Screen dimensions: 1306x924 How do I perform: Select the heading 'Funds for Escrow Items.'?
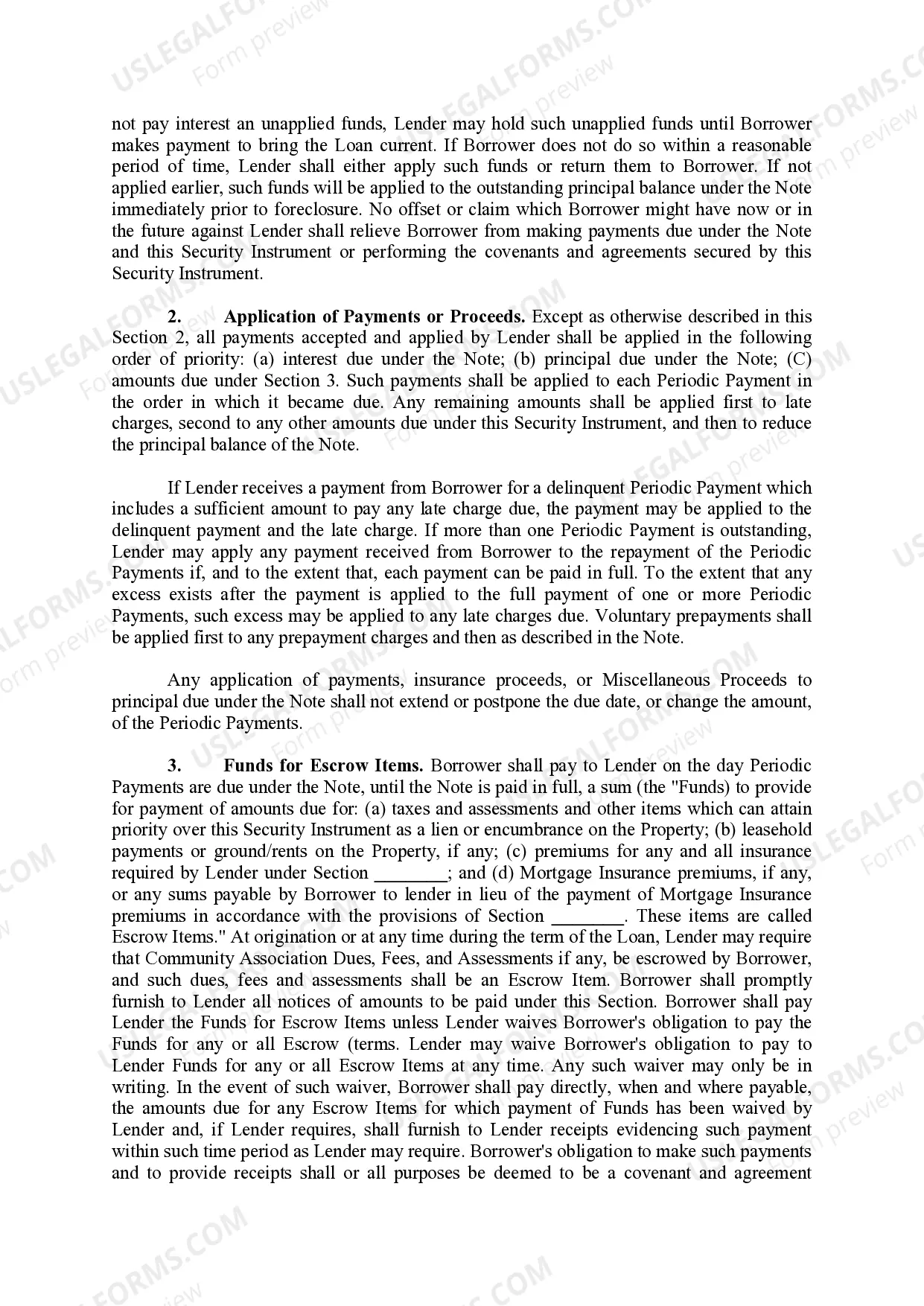click(324, 766)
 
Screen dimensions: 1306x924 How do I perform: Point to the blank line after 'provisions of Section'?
click(588, 917)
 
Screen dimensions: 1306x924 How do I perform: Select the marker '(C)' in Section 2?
click(799, 360)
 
